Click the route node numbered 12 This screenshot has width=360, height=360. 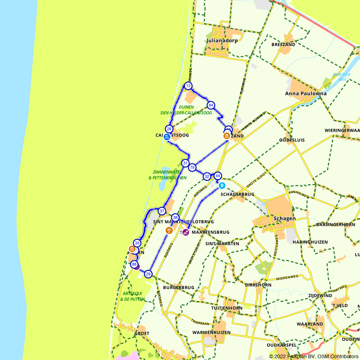(188, 86)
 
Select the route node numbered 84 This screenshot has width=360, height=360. (211, 105)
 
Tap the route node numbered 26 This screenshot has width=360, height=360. (169, 129)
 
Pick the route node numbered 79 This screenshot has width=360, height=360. (192, 167)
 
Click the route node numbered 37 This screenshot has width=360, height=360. (162, 211)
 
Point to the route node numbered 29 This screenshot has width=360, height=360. (148, 274)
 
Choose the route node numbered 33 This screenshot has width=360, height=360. (137, 243)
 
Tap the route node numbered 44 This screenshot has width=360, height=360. (217, 176)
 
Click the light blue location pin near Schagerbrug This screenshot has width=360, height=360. (222, 185)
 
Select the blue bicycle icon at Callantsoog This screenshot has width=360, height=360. (167, 137)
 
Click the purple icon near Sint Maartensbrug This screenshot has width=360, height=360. (185, 232)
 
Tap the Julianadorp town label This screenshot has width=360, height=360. (222, 41)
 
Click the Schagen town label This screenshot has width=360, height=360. (284, 219)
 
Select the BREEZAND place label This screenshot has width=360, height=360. (283, 45)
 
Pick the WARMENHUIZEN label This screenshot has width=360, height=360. (212, 332)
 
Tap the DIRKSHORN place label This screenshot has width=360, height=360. (258, 285)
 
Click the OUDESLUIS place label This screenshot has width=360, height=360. (292, 140)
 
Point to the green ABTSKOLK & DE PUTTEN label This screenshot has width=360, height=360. (133, 296)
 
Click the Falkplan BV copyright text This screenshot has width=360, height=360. (314, 356)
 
